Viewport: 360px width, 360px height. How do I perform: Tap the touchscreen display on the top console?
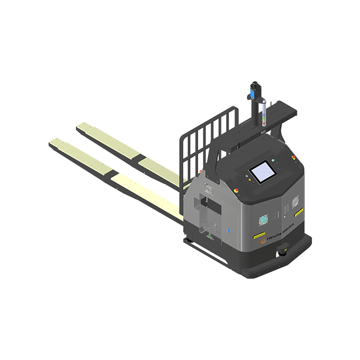click(x=262, y=172)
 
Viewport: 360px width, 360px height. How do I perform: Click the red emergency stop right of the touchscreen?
click(x=293, y=158)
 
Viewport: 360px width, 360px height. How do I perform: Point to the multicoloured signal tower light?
click(x=265, y=115)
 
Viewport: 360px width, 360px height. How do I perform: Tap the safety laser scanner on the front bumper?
click(x=282, y=251)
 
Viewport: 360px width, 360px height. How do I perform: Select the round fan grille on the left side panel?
click(x=208, y=189)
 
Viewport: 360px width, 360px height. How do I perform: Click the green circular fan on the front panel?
click(x=262, y=220)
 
